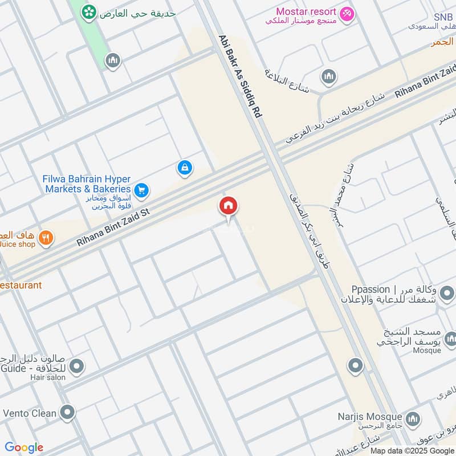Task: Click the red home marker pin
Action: point(229,206)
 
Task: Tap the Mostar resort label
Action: point(305,11)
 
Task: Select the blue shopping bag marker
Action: point(185,168)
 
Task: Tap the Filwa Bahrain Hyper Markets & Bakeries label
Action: point(87,184)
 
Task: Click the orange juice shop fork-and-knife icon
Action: point(46,238)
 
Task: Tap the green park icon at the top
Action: point(88,11)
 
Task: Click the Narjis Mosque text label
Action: point(377,417)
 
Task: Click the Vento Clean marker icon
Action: point(68,412)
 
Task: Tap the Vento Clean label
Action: point(30,413)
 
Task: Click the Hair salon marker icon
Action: point(77,365)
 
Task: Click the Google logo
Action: point(24,447)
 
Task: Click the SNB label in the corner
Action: point(442,17)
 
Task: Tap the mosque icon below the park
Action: point(113,60)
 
